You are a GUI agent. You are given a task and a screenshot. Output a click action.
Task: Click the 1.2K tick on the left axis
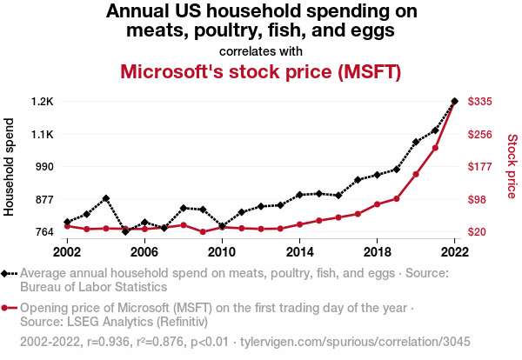43,102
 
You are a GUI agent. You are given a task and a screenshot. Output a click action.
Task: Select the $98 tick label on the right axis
478,199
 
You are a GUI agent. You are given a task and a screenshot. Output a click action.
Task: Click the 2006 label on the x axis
144,251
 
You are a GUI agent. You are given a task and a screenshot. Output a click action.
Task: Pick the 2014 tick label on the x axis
299,251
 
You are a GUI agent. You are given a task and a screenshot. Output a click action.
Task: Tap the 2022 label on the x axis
454,251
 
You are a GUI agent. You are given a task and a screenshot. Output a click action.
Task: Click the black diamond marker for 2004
106,198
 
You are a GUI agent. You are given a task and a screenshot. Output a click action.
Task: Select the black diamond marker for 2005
125,231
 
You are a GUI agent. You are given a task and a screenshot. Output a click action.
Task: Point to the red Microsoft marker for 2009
203,232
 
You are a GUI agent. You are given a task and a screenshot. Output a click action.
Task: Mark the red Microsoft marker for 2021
435,148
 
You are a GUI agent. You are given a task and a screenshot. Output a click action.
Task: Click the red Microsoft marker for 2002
67,226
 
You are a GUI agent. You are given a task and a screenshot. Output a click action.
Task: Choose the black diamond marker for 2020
416,142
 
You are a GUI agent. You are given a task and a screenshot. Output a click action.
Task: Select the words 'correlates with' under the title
261,50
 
